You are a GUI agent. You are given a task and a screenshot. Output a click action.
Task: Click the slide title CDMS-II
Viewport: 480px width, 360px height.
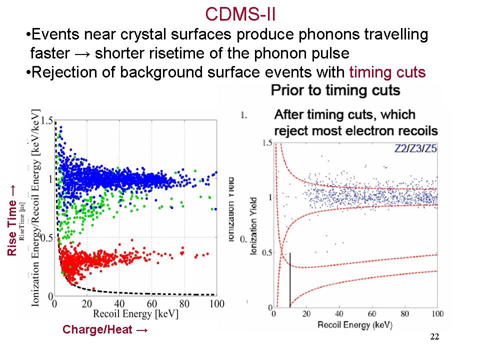241,14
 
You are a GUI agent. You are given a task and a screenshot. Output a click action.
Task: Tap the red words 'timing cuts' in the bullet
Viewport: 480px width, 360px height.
387,73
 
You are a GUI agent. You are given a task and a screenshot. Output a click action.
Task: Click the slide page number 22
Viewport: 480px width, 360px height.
434,336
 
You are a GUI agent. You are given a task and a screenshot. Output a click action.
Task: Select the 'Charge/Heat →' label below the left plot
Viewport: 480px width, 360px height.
105,330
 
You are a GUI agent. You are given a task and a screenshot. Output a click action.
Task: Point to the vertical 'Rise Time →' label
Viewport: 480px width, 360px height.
12,220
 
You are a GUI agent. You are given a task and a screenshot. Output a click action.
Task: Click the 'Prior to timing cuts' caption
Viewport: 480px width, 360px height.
335,90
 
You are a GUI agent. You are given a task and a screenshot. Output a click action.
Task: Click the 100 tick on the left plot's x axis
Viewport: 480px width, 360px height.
216,303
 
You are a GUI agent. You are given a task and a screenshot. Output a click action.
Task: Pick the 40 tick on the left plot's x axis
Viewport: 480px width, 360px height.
119,303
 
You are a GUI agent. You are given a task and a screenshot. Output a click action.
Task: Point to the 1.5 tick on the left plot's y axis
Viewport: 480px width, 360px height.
46,120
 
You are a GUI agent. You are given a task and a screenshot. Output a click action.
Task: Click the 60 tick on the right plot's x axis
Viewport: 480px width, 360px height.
371,313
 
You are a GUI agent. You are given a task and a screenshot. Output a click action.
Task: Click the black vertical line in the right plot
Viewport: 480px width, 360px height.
290,280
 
